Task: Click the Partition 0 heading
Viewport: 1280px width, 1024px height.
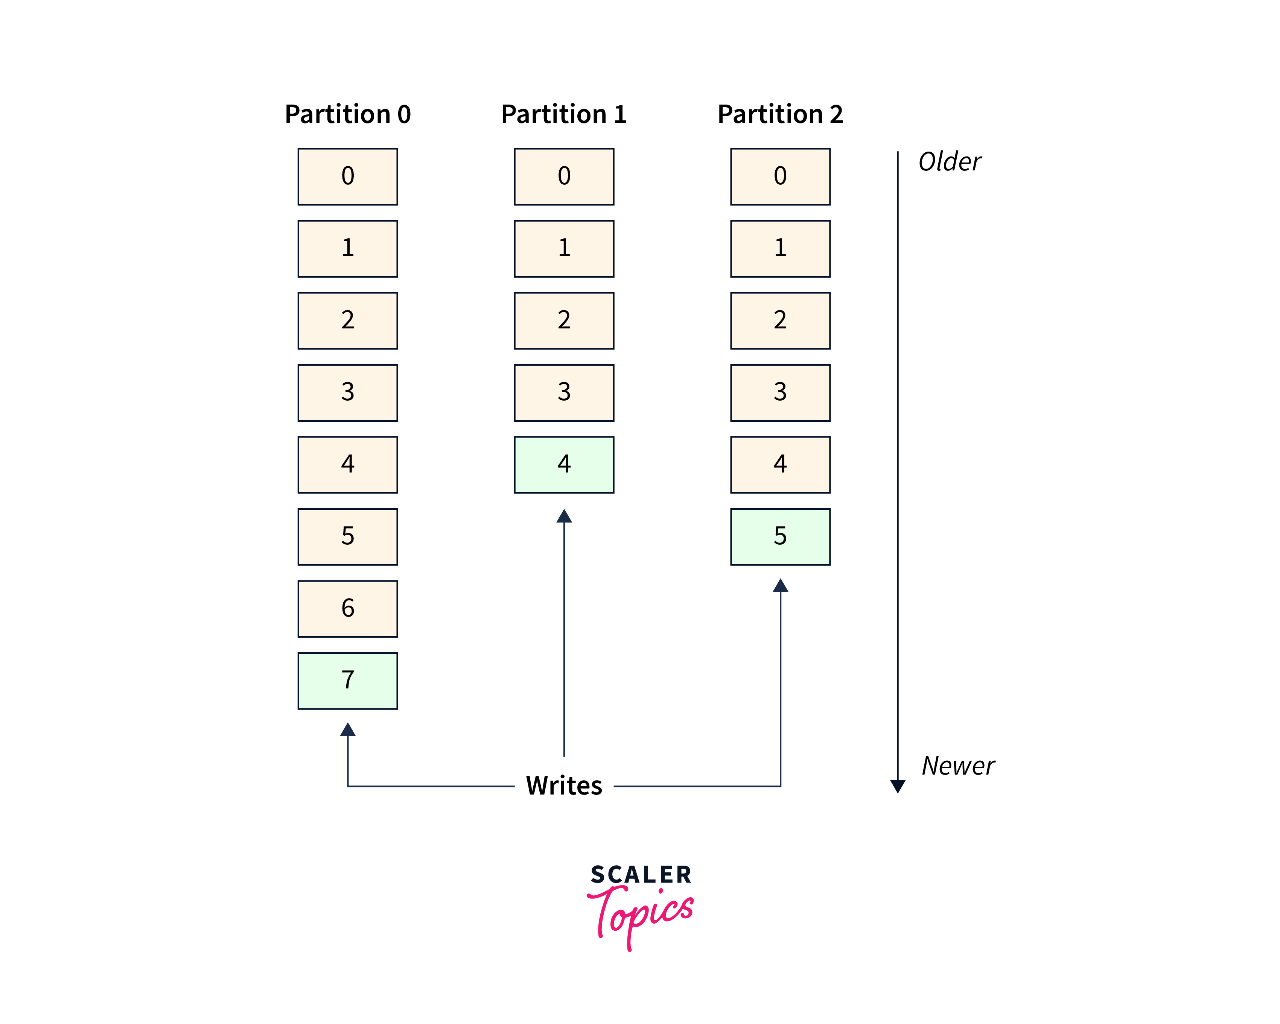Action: pyautogui.click(x=347, y=114)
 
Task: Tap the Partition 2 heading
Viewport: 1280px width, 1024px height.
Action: pyautogui.click(x=780, y=114)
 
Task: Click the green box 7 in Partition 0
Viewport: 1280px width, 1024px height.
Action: pyautogui.click(x=347, y=681)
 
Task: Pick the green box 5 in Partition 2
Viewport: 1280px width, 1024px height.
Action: pyautogui.click(x=780, y=536)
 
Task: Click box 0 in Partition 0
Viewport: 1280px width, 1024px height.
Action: pyautogui.click(x=347, y=176)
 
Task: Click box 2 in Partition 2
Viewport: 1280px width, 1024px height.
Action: pyautogui.click(x=780, y=321)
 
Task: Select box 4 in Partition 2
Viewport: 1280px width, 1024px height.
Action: pyautogui.click(x=780, y=465)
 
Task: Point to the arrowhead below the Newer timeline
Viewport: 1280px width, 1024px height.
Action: pyautogui.click(x=898, y=786)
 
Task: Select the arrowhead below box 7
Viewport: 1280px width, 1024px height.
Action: pyautogui.click(x=347, y=730)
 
